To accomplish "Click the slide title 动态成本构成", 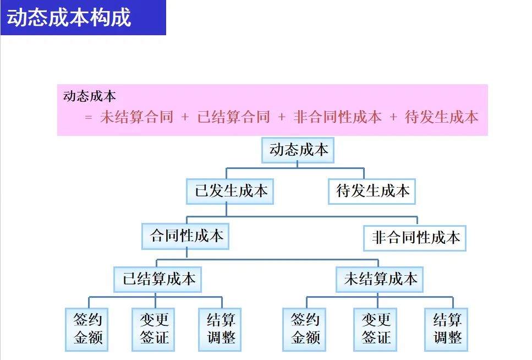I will tap(69, 17).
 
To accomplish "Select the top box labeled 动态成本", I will tap(298, 150).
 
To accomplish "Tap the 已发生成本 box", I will tap(231, 191).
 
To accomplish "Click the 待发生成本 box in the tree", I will tap(372, 191).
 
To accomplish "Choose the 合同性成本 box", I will tap(186, 236).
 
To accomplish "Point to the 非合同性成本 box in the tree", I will tap(415, 238).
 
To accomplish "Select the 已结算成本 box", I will tap(158, 279).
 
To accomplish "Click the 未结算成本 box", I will tap(380, 279).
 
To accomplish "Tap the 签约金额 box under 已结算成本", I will tap(87, 329).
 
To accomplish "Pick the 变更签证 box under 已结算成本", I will tap(154, 329).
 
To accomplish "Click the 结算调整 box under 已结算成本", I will tap(221, 329).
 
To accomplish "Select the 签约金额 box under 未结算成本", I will tap(305, 329).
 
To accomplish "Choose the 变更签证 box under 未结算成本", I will tap(376, 329).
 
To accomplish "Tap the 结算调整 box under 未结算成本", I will tap(446, 329).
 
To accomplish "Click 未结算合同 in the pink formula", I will tap(136, 117).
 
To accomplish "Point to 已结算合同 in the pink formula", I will tap(233, 117).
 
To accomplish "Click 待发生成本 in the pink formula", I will tap(441, 117).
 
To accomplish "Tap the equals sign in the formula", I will tap(89, 117).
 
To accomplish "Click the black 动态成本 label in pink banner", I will tap(90, 96).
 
